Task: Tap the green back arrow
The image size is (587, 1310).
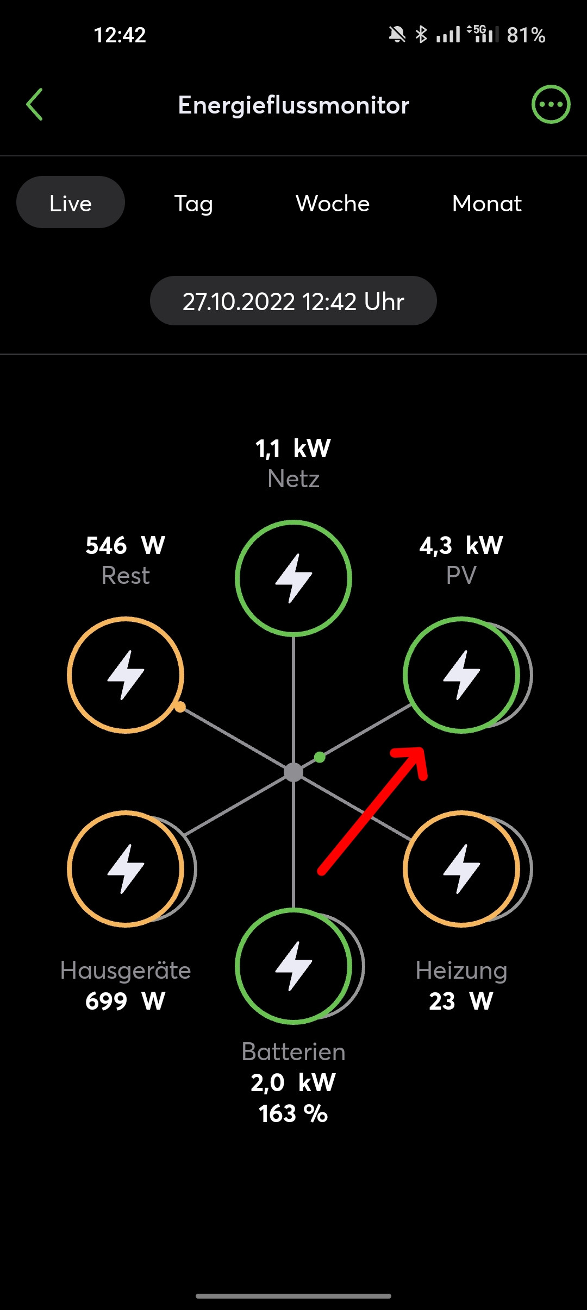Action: coord(34,104)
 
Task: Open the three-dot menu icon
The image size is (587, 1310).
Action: coord(551,104)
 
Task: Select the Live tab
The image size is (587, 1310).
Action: coord(71,203)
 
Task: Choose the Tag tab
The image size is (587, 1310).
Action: coord(193,204)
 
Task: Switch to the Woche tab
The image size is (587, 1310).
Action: coord(333,204)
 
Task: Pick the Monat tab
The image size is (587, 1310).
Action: coord(486,204)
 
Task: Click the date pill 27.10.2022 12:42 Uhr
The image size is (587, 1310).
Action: coord(293,301)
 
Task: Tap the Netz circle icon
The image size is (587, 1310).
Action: coord(293,578)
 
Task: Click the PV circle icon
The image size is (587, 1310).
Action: coord(461,675)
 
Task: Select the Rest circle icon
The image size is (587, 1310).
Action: coord(126,675)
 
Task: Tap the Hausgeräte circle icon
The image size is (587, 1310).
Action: coord(126,869)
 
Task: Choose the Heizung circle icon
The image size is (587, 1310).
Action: coord(461,869)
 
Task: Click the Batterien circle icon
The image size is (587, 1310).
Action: coord(293,966)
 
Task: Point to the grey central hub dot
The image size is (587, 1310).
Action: coord(293,772)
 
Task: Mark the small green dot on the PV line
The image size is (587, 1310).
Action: coord(320,757)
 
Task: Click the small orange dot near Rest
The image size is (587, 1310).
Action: coord(180,707)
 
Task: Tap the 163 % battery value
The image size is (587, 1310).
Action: coord(293,1114)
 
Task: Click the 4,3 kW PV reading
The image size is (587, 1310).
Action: coord(461,545)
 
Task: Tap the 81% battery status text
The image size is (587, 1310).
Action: coord(526,35)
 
